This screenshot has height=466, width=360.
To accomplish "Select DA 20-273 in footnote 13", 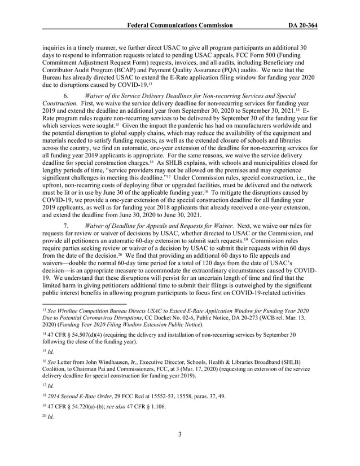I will (x=232, y=319).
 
